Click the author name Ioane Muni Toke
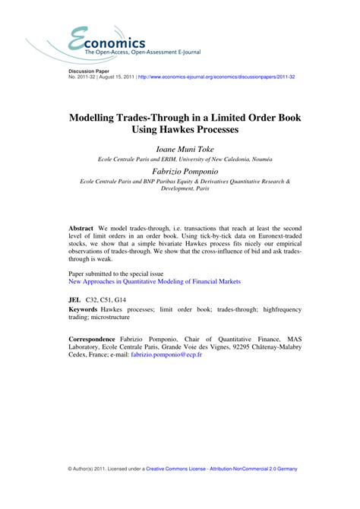[x=180, y=149]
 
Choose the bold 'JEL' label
[x=75, y=301]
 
